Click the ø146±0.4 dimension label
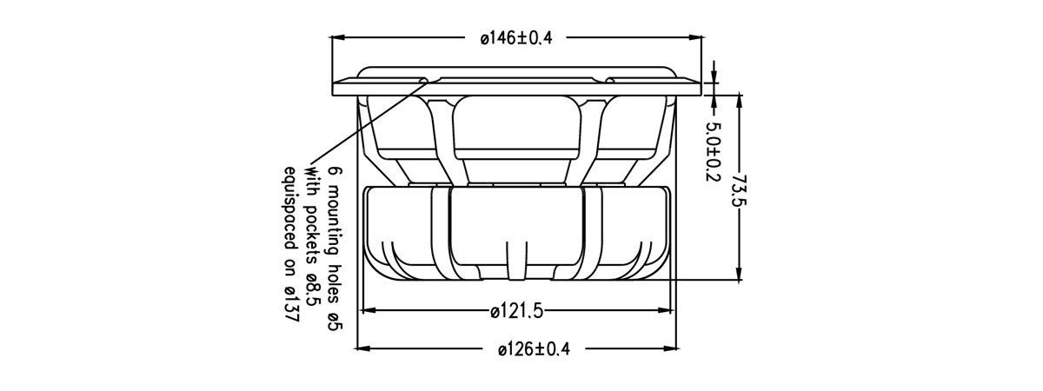click(516, 37)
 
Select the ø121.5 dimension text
click(517, 309)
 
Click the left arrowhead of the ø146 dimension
click(338, 37)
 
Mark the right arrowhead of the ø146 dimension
click(695, 37)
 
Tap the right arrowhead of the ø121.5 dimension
click(666, 309)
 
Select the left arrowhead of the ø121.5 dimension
click(369, 309)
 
